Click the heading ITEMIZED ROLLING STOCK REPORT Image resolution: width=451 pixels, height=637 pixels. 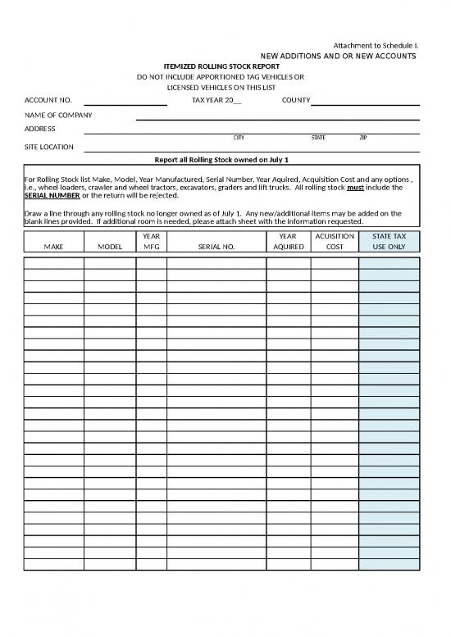pyautogui.click(x=221, y=66)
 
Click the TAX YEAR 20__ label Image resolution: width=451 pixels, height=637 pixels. pyautogui.click(x=216, y=100)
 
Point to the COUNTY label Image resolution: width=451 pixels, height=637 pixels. pyautogui.click(x=295, y=100)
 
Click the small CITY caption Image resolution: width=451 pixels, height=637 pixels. pyautogui.click(x=239, y=138)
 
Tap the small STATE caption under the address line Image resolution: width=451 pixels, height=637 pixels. pyautogui.click(x=318, y=138)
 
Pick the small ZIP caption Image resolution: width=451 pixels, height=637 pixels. pyautogui.click(x=363, y=138)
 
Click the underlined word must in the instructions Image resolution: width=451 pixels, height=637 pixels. pyautogui.click(x=344, y=188)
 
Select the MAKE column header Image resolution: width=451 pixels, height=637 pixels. pyautogui.click(x=53, y=246)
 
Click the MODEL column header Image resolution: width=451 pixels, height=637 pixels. pyautogui.click(x=110, y=246)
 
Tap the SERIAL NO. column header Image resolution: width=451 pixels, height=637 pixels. pyautogui.click(x=216, y=246)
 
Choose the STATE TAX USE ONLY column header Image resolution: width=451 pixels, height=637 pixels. pyautogui.click(x=389, y=241)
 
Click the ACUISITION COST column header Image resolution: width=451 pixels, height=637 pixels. pyautogui.click(x=334, y=241)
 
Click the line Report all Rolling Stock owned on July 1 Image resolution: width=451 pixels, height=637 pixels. pyautogui.click(x=222, y=159)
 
